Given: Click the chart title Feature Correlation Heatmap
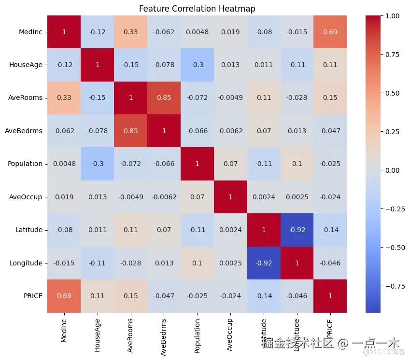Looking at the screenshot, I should point(197,9).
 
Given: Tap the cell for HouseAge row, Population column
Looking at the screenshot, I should point(197,65).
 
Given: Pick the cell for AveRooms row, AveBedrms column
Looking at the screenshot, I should point(164,98).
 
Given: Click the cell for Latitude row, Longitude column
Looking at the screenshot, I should point(297,230).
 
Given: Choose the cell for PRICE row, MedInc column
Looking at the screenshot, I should point(64,296).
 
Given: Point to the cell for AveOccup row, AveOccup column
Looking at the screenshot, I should point(230,197).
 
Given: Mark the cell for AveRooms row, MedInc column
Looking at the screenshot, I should point(64,98).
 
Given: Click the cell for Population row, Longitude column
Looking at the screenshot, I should point(297,164).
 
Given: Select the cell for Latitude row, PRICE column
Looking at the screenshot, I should point(330,230).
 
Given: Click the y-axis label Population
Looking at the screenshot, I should point(25,164).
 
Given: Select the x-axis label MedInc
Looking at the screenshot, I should point(64,331).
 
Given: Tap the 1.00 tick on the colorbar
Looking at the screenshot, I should point(392,16).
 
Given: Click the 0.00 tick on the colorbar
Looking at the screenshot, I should point(392,170).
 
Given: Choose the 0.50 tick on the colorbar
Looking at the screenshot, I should point(392,93).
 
